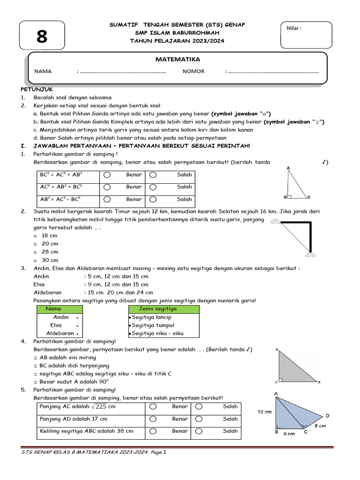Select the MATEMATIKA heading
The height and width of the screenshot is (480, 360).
[178, 60]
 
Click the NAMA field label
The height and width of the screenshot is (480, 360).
[43, 72]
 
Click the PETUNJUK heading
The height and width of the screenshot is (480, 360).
[36, 89]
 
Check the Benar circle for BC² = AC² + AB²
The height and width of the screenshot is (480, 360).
[107, 175]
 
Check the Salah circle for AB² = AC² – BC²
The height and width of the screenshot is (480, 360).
[153, 199]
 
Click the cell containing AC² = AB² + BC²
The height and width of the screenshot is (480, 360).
[65, 187]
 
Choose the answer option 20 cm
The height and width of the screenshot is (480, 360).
[50, 244]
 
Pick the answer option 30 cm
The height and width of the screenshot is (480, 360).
[50, 260]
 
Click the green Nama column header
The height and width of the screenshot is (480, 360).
[53, 309]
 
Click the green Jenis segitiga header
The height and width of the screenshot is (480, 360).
[158, 309]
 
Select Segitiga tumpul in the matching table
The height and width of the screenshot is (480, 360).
[153, 325]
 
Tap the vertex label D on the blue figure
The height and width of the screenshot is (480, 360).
[327, 416]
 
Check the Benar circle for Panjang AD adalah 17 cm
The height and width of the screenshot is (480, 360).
[153, 419]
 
